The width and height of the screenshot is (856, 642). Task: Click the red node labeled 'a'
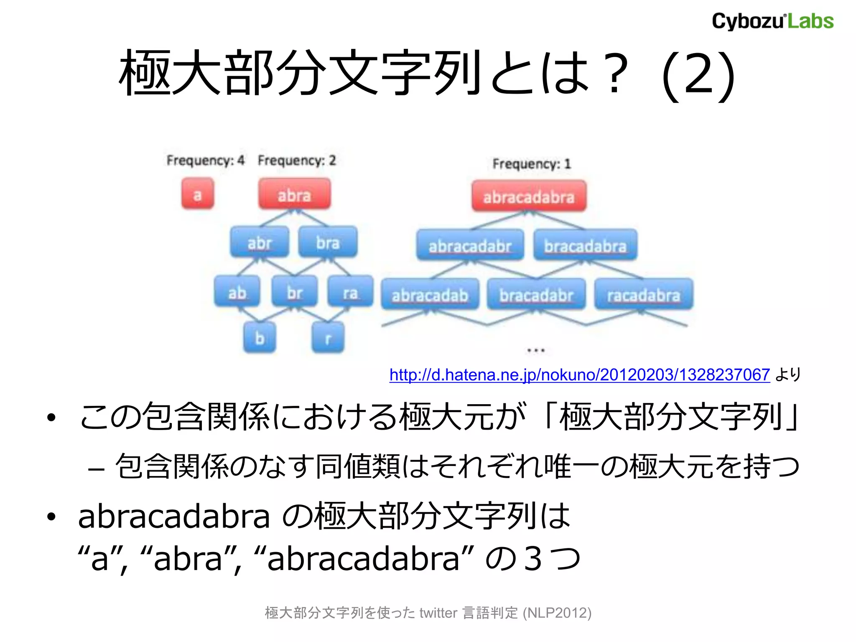pyautogui.click(x=197, y=194)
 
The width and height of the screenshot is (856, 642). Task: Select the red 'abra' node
pyautogui.click(x=294, y=195)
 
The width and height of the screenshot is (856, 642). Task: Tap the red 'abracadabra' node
pyautogui.click(x=529, y=196)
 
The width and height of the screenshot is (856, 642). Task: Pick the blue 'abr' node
pyautogui.click(x=260, y=243)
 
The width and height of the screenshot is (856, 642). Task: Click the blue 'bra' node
pyautogui.click(x=328, y=243)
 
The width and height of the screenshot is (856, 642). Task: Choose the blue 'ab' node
pyautogui.click(x=237, y=293)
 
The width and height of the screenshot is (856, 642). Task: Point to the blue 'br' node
pyautogui.click(x=294, y=293)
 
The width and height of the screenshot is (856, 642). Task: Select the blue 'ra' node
pyautogui.click(x=350, y=293)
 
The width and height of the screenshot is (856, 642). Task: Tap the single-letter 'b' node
pyautogui.click(x=260, y=338)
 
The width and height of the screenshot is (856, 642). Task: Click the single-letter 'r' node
pyautogui.click(x=328, y=338)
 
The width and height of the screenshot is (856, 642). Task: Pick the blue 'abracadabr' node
pyautogui.click(x=470, y=246)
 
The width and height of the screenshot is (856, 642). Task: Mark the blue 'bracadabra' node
pyautogui.click(x=585, y=246)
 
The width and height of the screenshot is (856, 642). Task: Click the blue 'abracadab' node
pyautogui.click(x=430, y=295)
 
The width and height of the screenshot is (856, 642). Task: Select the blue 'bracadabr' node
pyautogui.click(x=536, y=295)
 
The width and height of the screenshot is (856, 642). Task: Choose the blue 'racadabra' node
pyautogui.click(x=644, y=295)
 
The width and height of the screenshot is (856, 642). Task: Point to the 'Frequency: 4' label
pyautogui.click(x=205, y=160)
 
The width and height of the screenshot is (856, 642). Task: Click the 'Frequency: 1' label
pyautogui.click(x=531, y=163)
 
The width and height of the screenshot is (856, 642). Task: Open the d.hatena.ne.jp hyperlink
pyautogui.click(x=579, y=375)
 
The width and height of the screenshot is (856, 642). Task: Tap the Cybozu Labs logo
pyautogui.click(x=772, y=21)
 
